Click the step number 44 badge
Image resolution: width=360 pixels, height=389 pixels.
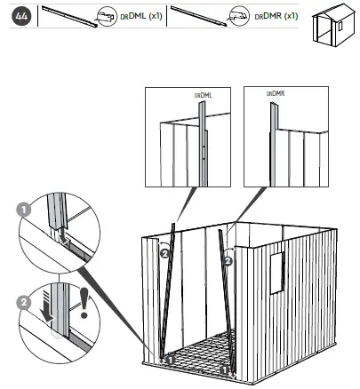pyautogui.click(x=21, y=16)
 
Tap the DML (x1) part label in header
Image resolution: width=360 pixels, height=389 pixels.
pyautogui.click(x=141, y=16)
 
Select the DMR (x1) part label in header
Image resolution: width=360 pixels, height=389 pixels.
pyautogui.click(x=276, y=16)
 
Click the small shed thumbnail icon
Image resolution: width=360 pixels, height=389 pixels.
pyautogui.click(x=333, y=25)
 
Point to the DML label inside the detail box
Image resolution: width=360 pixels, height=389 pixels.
pyautogui.click(x=204, y=96)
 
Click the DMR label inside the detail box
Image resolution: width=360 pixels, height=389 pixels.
pyautogui.click(x=276, y=94)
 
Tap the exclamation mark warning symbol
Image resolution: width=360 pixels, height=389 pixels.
pyautogui.click(x=84, y=303)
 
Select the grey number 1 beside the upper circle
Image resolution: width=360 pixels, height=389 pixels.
pyautogui.click(x=24, y=210)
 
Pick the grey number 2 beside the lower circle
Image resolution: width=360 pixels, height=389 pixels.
pyautogui.click(x=24, y=303)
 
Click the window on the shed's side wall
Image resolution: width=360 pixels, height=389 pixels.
pyautogui.click(x=277, y=273)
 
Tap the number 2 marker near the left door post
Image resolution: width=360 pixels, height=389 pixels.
pyautogui.click(x=164, y=254)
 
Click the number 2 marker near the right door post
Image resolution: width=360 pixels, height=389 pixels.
pyautogui.click(x=228, y=261)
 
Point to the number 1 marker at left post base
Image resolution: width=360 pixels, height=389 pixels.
pyautogui.click(x=171, y=360)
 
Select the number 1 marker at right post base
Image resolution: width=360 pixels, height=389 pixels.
pyautogui.click(x=225, y=369)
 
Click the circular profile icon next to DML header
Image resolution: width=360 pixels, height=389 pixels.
pyautogui.click(x=108, y=17)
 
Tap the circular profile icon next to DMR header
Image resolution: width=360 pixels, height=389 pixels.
pyautogui.click(x=239, y=16)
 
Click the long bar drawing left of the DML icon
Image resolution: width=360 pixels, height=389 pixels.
pyautogui.click(x=69, y=17)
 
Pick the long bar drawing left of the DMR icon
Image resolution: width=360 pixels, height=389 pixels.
pyautogui.click(x=198, y=16)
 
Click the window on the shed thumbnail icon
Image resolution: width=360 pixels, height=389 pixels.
pyautogui.click(x=340, y=26)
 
